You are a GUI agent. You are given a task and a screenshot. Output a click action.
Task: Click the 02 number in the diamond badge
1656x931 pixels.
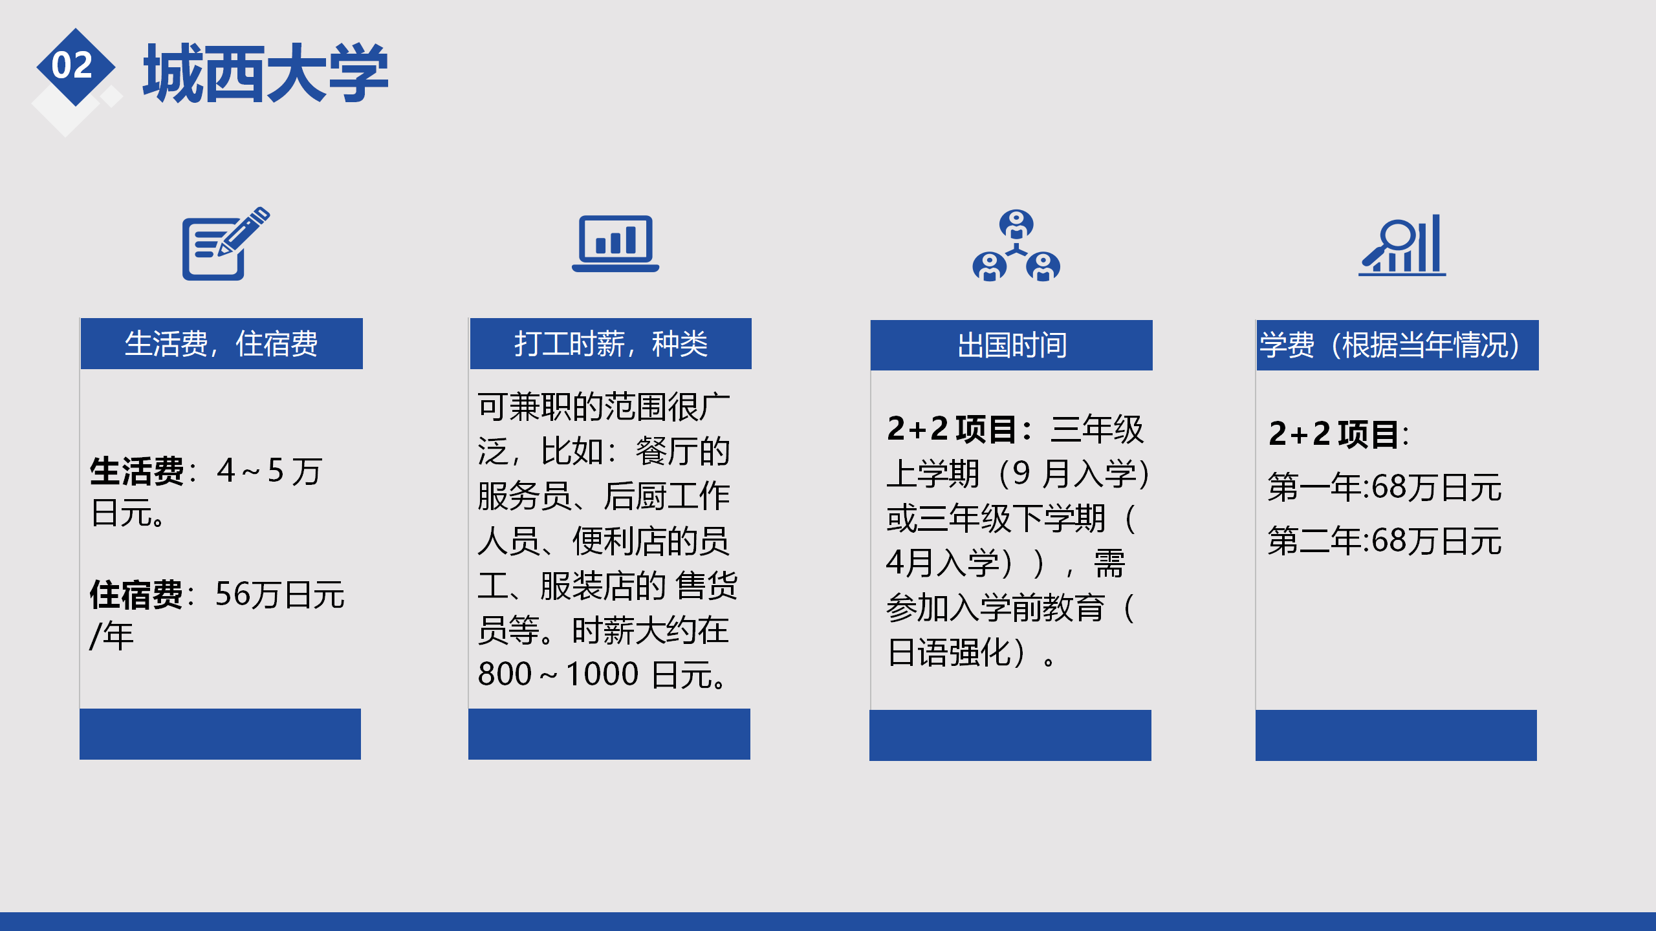72,65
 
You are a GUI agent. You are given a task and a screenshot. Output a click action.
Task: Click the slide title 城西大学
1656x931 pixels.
266,73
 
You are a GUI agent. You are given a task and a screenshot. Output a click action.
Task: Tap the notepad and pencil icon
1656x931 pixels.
226,243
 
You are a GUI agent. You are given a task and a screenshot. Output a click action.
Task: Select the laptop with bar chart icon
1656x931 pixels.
615,244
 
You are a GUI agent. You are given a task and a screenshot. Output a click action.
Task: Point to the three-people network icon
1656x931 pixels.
1016,245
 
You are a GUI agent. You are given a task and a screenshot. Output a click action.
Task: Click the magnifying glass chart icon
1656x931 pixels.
1402,245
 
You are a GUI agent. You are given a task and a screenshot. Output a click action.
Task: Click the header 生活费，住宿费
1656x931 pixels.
221,343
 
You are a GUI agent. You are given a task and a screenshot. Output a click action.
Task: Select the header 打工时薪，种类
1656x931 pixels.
611,343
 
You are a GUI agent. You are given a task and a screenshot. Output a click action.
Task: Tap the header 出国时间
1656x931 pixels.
1012,345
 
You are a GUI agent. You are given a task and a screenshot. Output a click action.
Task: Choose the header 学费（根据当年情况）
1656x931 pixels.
1397,345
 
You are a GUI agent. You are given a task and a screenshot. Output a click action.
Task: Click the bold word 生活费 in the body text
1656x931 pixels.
137,471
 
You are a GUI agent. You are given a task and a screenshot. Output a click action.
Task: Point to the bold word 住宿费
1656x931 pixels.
137,595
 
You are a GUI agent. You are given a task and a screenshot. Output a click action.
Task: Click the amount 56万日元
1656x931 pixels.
280,595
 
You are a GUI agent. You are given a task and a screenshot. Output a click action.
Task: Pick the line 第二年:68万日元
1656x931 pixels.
1384,540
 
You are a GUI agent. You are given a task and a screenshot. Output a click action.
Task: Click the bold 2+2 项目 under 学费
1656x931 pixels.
1334,434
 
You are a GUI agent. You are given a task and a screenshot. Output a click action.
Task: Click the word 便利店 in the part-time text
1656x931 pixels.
619,540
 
